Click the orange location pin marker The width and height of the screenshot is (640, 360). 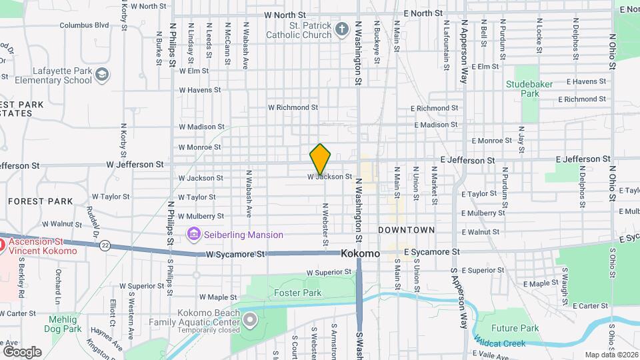point(321,159)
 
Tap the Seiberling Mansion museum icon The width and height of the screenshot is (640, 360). point(194,234)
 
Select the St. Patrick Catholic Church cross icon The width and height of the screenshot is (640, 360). point(342,29)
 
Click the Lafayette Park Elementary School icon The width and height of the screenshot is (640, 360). point(102,74)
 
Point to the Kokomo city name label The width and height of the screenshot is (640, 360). point(360,254)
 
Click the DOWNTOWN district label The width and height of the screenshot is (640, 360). point(406,230)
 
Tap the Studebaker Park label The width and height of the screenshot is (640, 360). point(531,89)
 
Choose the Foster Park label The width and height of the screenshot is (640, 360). point(297,293)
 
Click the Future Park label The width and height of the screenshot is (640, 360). point(515,328)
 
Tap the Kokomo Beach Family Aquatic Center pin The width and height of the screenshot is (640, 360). point(250,321)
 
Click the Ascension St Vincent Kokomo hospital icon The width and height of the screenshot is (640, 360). point(1,245)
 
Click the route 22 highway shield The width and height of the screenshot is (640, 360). point(105,245)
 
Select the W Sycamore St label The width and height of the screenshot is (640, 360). point(235,255)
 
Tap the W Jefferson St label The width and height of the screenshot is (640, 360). point(134,163)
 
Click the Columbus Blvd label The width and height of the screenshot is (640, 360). point(84,25)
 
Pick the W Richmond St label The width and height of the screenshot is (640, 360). point(293,107)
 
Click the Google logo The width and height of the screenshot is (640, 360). point(22,351)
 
